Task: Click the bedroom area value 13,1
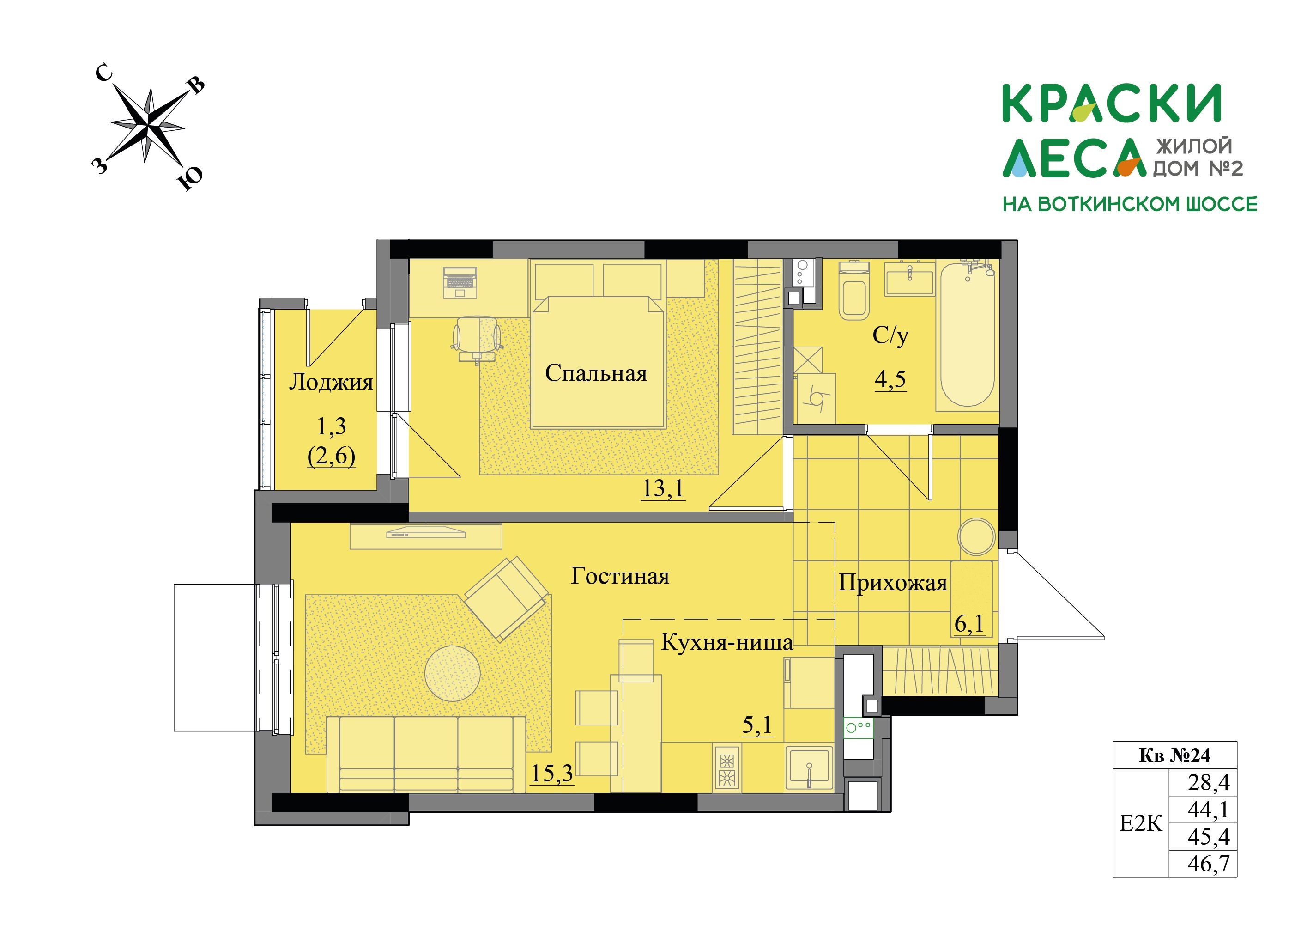(x=662, y=488)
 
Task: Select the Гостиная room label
(x=620, y=576)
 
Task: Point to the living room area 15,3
(x=551, y=773)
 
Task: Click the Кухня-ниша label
(x=727, y=642)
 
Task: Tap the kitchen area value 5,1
(x=756, y=725)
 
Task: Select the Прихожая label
(x=892, y=583)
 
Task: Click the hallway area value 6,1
(x=969, y=624)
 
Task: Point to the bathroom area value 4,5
(x=890, y=379)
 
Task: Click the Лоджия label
(x=331, y=382)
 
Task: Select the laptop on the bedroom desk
(x=460, y=282)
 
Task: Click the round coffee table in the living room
(x=452, y=674)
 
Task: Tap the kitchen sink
(x=809, y=767)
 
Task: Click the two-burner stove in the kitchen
(x=727, y=769)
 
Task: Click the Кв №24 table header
(x=1174, y=755)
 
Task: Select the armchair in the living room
(x=507, y=599)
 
